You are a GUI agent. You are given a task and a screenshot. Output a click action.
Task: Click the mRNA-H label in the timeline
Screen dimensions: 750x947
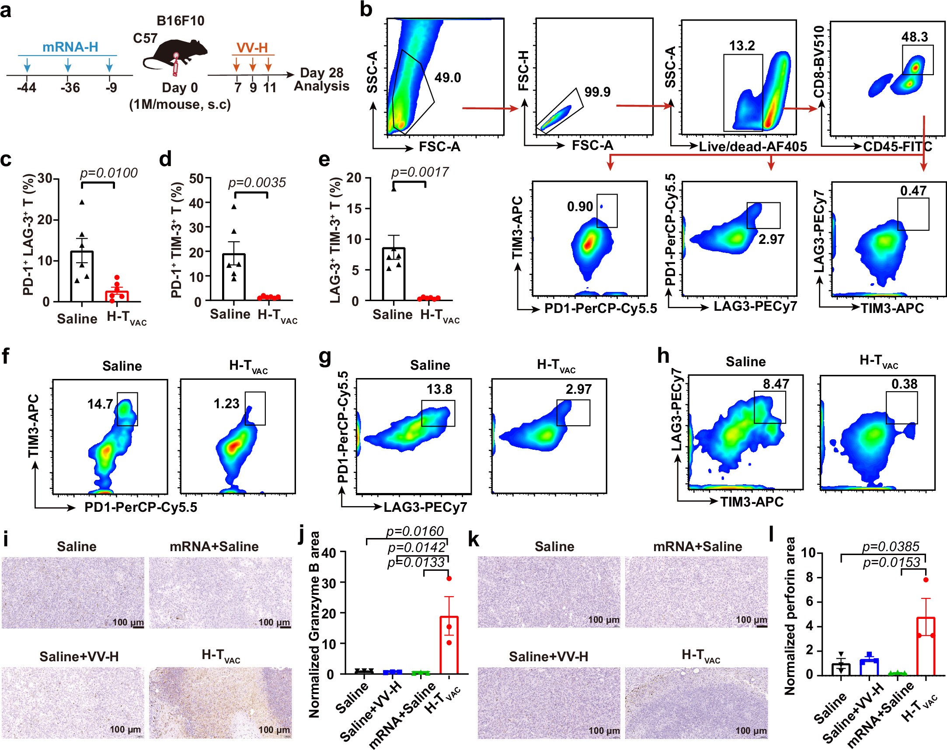pos(70,47)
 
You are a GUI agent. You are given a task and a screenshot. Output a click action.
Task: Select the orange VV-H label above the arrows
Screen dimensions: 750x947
pos(252,48)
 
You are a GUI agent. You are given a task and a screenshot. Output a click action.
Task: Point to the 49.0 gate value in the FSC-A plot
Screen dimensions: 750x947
pos(448,78)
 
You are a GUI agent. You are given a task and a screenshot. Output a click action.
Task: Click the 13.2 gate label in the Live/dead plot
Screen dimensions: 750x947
pos(742,45)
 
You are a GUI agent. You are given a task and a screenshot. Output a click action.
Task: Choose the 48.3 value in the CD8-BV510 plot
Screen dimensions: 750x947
pos(915,37)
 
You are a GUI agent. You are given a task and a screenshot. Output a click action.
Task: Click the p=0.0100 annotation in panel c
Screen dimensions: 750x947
pos(108,173)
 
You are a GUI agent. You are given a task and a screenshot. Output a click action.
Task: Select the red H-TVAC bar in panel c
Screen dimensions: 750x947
pos(117,295)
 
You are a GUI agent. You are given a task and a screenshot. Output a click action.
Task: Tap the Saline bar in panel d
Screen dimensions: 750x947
pos(233,277)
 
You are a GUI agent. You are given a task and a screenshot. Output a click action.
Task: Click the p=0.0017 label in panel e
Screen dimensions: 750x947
pos(420,172)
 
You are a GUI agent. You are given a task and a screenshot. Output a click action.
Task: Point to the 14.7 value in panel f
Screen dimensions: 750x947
pos(100,404)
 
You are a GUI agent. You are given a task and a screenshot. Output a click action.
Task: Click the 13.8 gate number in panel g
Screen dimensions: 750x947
pos(439,389)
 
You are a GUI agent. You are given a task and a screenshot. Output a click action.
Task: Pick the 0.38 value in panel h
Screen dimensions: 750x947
pos(905,384)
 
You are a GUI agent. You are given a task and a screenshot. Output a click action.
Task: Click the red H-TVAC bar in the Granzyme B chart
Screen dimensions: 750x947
pos(449,646)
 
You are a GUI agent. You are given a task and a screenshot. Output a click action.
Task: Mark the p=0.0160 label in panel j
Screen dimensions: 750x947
pos(414,531)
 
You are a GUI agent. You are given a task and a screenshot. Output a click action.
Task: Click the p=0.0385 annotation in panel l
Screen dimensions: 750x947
pos(891,547)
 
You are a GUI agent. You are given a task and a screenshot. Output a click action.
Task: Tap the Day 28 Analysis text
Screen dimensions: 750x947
pos(321,80)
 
